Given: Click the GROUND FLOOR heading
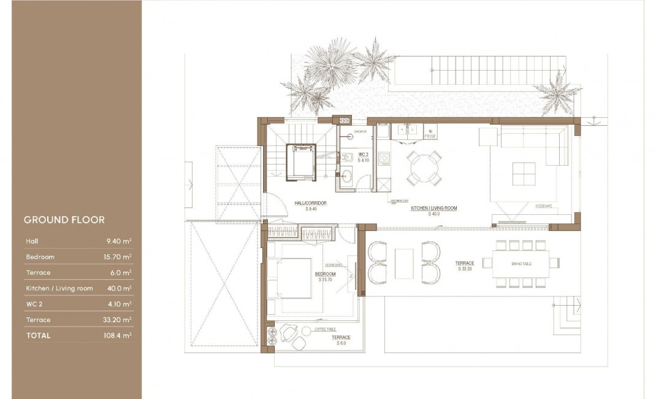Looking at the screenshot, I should (x=64, y=220).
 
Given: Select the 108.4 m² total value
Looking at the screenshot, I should (x=118, y=336).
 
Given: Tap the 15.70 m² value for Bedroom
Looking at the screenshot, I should (x=118, y=257).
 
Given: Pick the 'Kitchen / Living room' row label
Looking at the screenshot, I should (x=59, y=289).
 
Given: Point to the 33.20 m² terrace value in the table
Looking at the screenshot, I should (x=118, y=320).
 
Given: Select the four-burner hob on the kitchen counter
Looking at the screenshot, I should (x=384, y=159).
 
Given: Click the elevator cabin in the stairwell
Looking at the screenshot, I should (x=300, y=162).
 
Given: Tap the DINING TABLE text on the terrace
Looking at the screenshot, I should (x=521, y=263).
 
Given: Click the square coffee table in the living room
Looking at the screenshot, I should (x=525, y=174).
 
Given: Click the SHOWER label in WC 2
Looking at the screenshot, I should (x=359, y=131).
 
